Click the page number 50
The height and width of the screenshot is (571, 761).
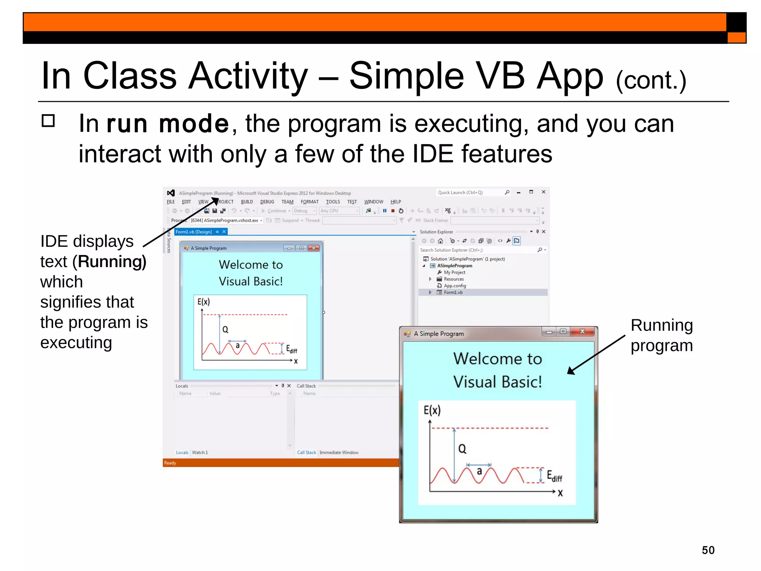(x=708, y=550)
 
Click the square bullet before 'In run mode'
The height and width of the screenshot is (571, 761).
(x=48, y=121)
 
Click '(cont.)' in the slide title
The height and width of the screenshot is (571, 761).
(x=651, y=80)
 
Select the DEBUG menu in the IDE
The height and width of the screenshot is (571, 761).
(x=267, y=202)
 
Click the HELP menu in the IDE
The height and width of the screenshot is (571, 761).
(x=395, y=202)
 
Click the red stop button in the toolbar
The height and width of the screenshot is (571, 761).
(x=393, y=211)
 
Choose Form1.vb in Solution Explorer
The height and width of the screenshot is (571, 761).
(x=453, y=293)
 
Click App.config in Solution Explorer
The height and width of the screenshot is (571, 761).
(x=454, y=286)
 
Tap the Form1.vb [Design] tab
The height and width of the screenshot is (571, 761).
(x=194, y=232)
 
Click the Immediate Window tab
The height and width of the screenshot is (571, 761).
(x=339, y=452)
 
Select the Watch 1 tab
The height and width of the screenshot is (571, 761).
(x=200, y=452)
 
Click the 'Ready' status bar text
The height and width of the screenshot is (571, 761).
(x=170, y=463)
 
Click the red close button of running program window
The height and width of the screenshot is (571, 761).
(x=582, y=331)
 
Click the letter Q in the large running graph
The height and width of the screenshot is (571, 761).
(x=462, y=449)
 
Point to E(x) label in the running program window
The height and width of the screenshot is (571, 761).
(x=432, y=410)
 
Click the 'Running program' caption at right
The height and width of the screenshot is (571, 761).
(x=661, y=335)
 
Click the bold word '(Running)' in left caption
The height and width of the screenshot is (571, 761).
(x=112, y=262)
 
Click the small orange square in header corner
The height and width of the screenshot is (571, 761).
(x=736, y=38)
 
